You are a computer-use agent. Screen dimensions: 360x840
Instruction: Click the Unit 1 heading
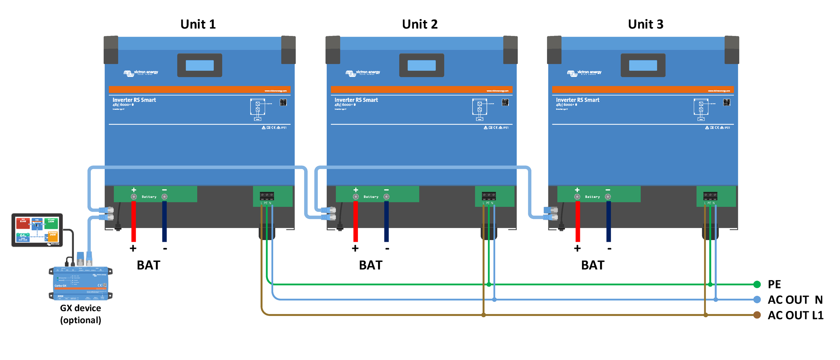click(x=198, y=24)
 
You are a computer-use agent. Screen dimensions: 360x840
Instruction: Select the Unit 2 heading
click(x=420, y=24)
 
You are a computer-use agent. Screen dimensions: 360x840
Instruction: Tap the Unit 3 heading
click(x=645, y=24)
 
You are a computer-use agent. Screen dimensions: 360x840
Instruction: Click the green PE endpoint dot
click(x=757, y=284)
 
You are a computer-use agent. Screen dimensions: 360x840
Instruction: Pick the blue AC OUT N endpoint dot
click(x=757, y=299)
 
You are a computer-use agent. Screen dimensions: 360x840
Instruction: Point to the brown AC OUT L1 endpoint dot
click(x=757, y=315)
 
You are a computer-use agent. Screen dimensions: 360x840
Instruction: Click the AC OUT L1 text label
click(x=795, y=315)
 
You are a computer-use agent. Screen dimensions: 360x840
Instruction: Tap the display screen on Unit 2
click(x=421, y=65)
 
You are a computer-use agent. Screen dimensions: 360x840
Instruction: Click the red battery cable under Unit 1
click(x=133, y=222)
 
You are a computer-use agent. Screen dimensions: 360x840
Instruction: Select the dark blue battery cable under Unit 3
click(x=608, y=222)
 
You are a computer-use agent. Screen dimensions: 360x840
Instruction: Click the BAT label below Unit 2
click(x=371, y=265)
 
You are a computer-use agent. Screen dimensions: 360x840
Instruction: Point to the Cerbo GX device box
click(x=81, y=283)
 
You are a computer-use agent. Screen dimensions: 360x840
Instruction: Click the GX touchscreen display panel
click(x=37, y=230)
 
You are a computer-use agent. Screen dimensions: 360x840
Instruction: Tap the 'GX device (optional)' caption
click(x=81, y=314)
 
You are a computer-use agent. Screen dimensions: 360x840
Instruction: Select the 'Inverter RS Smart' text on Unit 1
click(x=134, y=100)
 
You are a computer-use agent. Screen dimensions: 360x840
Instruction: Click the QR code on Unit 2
click(x=505, y=102)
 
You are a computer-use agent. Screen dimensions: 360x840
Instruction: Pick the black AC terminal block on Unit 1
click(x=267, y=196)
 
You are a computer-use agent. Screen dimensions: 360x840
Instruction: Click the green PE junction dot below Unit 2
click(x=489, y=284)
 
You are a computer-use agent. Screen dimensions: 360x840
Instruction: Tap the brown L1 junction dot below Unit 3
click(x=706, y=315)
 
